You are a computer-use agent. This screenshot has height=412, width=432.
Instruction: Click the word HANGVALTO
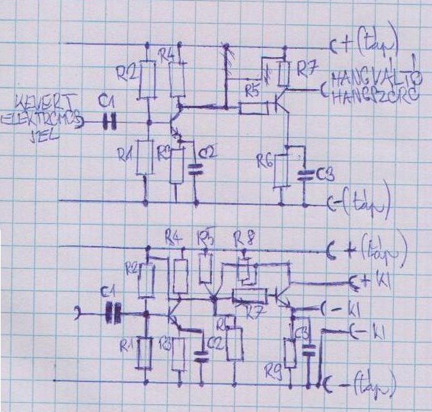tap(376, 78)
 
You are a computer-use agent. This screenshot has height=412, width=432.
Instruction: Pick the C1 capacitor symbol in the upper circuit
tap(109, 122)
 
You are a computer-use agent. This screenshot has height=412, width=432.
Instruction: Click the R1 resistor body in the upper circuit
tap(145, 157)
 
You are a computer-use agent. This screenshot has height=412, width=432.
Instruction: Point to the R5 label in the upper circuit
tap(253, 92)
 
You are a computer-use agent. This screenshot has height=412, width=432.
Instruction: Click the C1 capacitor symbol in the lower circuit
tap(113, 313)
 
